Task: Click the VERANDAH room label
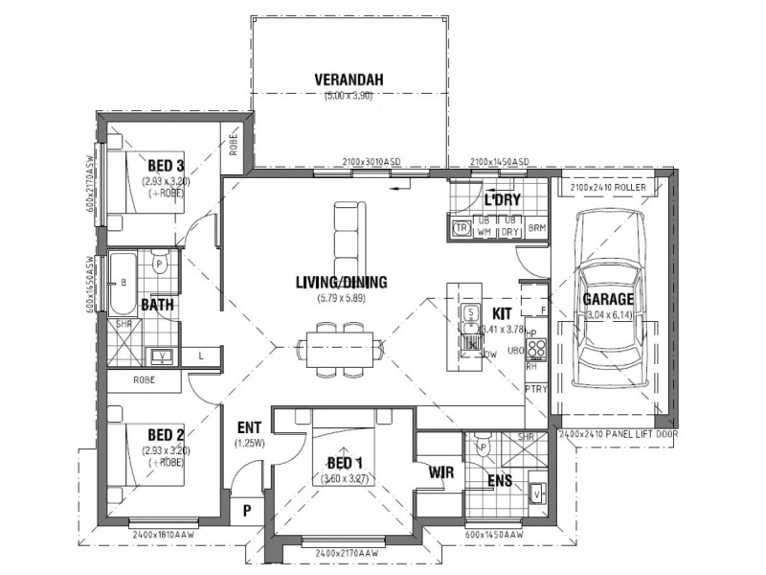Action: [x=349, y=80]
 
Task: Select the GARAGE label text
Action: [x=608, y=298]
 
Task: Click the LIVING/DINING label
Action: [x=341, y=282]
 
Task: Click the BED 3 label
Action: [x=165, y=165]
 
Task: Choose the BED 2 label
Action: [x=165, y=434]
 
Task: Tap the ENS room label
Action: [x=499, y=480]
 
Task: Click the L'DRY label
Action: [x=503, y=201]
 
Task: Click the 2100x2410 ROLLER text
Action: [x=611, y=189]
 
